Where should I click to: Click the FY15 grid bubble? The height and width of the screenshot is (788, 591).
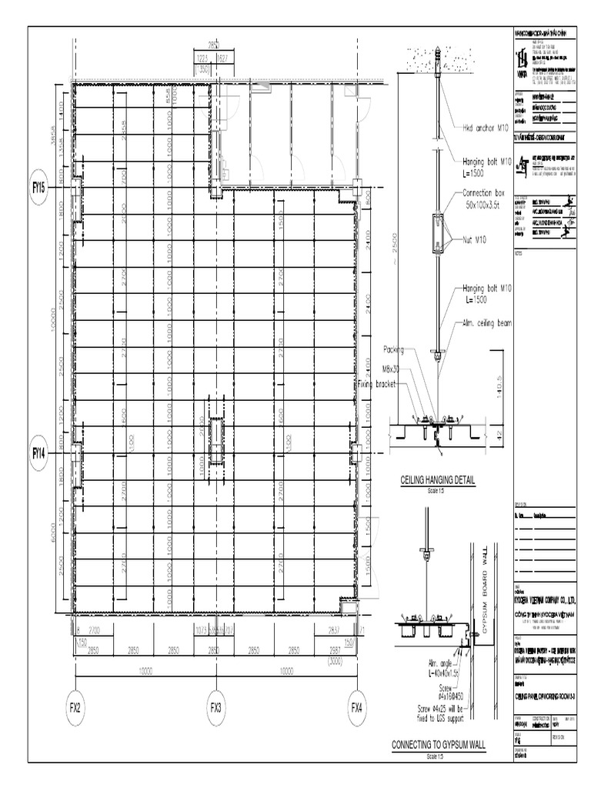[x=39, y=187]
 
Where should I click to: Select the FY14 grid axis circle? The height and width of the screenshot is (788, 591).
[x=39, y=454]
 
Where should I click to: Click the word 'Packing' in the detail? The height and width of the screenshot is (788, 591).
[x=398, y=348]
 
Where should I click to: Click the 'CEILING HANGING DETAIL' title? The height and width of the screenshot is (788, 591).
[x=438, y=480]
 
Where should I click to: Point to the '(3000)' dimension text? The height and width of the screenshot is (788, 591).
[x=336, y=661]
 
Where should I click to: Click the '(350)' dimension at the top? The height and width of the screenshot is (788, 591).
[x=203, y=69]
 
